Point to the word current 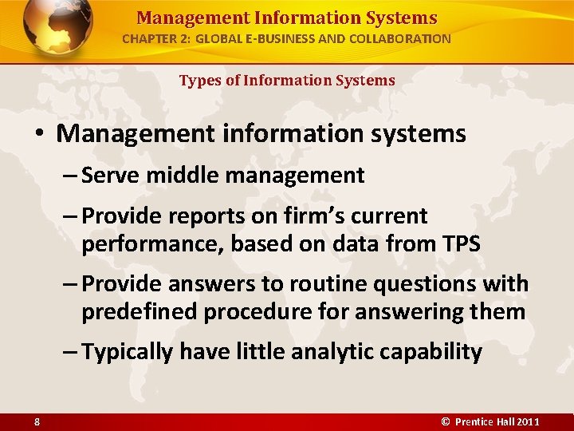[392, 216]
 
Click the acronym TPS [458, 243]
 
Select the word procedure [254, 311]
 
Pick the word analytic [328, 352]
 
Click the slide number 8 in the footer [37, 421]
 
